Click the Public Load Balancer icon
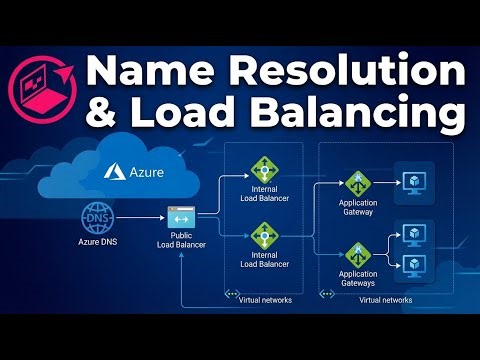click(x=181, y=217)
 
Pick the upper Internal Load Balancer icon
click(x=264, y=166)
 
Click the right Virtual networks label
click(x=383, y=298)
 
